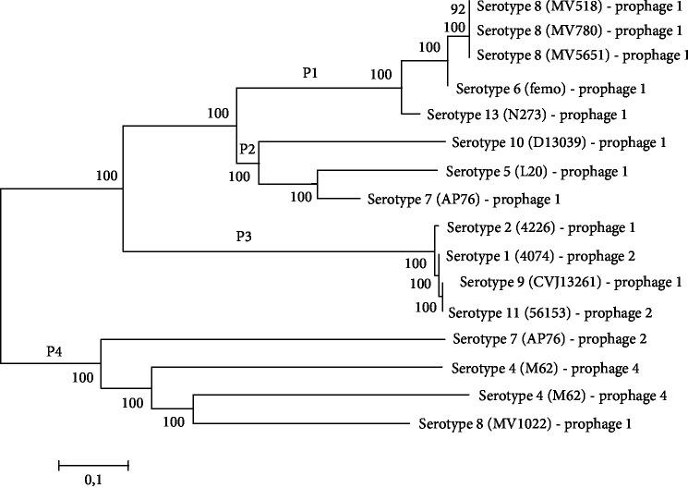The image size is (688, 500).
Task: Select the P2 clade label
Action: point(247,149)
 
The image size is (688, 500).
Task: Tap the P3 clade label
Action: point(243,236)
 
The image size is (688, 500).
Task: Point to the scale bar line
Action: point(93,461)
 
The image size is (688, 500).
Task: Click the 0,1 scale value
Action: point(93,480)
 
